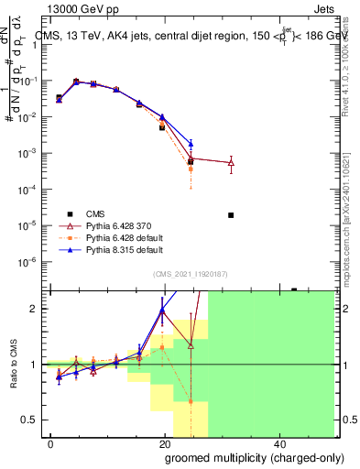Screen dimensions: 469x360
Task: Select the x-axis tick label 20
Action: click(162, 442)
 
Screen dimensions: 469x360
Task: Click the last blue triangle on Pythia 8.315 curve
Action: click(191, 144)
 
